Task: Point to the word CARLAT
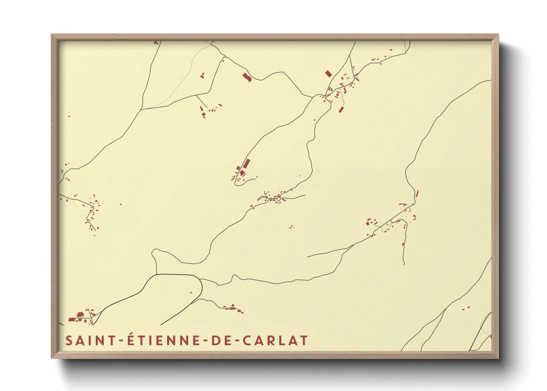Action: click(275, 340)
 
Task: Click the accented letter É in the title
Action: click(131, 340)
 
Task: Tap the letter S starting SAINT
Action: click(69, 340)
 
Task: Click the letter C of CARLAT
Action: click(247, 340)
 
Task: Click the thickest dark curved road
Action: click(174, 275)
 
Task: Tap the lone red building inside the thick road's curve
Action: click(191, 293)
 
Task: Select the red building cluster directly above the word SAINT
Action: click(81, 316)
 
